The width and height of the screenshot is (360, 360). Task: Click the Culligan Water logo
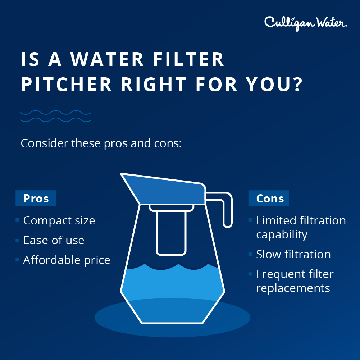tap(305, 23)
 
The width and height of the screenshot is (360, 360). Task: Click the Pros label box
tap(36, 199)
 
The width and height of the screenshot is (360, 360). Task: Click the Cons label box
tap(269, 199)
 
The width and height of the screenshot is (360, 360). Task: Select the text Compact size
tap(59, 220)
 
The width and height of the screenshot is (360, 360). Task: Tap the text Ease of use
tap(54, 240)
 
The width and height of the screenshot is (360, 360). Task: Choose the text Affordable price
tap(67, 260)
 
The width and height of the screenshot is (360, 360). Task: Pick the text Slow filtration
tap(293, 254)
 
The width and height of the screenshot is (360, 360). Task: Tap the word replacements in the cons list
tap(293, 288)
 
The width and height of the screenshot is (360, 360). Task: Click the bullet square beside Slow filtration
tap(250, 254)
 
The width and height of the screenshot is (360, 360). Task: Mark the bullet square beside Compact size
tap(17, 220)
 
